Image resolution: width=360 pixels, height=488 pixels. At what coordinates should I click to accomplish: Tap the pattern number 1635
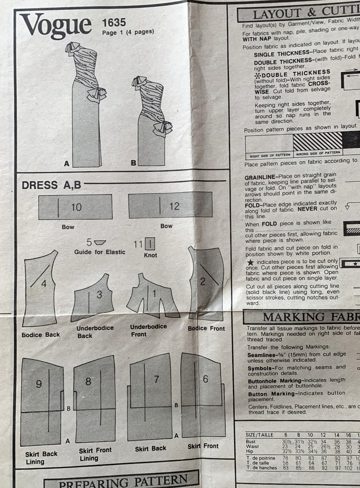click(114, 22)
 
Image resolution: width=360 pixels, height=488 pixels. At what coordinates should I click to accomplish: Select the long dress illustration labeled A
click(87, 104)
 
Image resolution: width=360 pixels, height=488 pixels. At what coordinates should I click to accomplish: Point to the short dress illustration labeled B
click(151, 120)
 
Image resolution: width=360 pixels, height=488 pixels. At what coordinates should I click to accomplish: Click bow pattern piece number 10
click(75, 207)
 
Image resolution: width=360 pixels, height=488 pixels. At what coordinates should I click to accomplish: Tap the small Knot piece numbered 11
click(151, 244)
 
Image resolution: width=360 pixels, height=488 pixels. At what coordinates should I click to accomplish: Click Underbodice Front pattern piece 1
click(151, 296)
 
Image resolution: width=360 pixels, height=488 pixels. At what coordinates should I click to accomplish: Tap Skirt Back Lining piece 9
click(42, 401)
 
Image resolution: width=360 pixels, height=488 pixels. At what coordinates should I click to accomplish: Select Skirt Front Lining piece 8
click(95, 399)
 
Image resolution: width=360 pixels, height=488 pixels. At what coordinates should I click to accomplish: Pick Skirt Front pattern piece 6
click(203, 394)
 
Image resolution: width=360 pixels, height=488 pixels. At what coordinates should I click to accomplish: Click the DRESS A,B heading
click(51, 185)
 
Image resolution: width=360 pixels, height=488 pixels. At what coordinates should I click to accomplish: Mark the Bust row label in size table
click(250, 441)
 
